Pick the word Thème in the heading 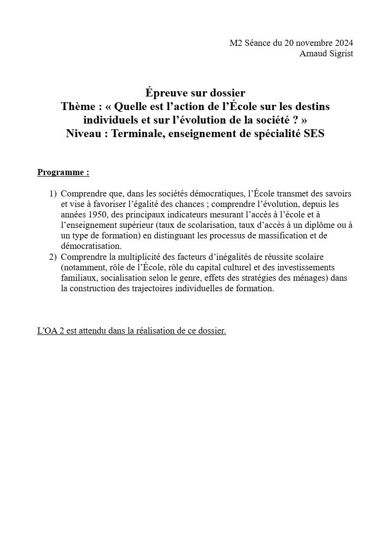[78, 107]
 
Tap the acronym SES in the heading [314, 134]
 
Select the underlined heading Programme [63, 172]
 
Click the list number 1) [53, 193]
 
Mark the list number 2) [53, 257]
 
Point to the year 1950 [98, 214]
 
